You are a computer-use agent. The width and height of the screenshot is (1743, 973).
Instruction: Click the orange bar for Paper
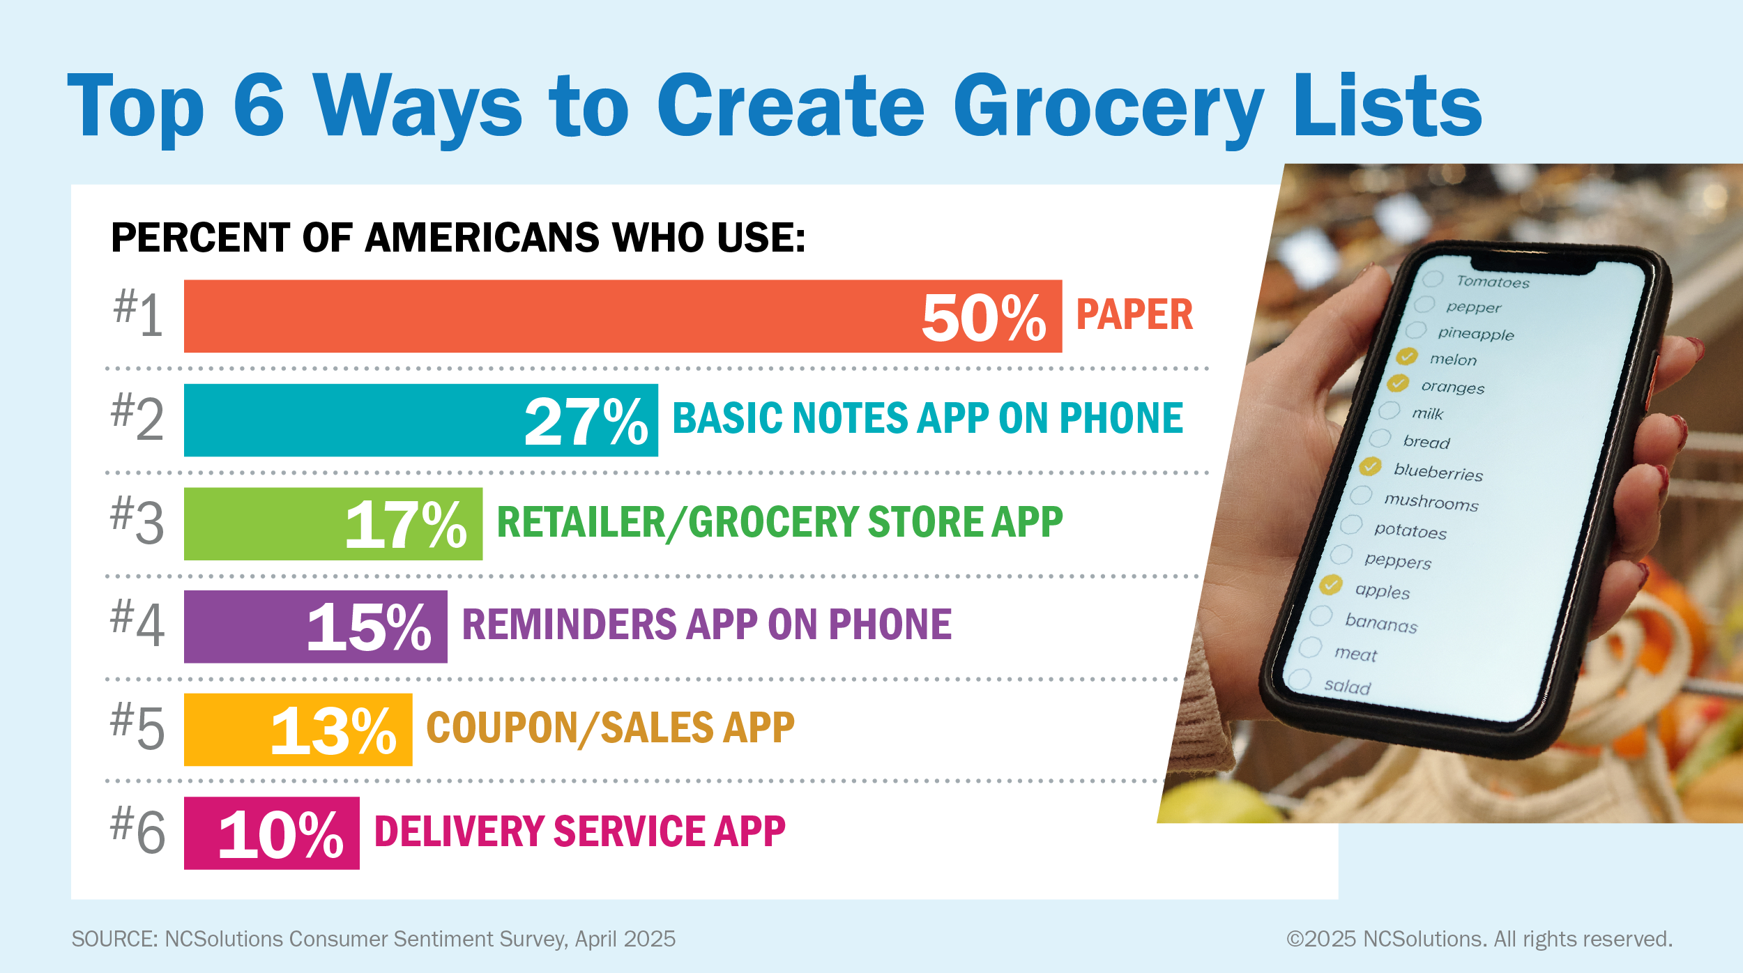tap(623, 316)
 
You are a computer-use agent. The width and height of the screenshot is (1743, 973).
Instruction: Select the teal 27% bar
tap(421, 420)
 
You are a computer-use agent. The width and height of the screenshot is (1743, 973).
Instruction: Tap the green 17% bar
tap(333, 523)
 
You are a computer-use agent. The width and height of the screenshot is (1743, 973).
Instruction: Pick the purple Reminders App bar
tap(316, 627)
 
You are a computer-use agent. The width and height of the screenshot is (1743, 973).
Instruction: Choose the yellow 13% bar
tap(298, 730)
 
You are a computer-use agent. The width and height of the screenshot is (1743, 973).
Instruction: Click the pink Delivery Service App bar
tap(272, 833)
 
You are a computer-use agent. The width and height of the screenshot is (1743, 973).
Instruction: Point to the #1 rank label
tap(139, 314)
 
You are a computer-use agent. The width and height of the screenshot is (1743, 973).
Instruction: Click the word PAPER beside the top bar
tap(1135, 314)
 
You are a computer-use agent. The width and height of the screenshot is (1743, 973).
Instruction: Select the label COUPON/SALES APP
tap(611, 728)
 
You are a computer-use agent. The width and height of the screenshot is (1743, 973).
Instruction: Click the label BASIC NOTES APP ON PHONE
tap(928, 418)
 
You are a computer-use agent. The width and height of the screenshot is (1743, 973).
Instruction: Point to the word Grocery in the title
tap(1109, 109)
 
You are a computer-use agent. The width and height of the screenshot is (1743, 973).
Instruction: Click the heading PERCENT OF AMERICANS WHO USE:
tap(459, 238)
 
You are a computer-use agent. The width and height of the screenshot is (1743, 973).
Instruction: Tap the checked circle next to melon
tap(1407, 356)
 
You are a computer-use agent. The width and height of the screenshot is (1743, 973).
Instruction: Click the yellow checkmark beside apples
tap(1331, 585)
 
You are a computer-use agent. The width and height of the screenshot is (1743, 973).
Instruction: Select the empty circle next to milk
tap(1390, 410)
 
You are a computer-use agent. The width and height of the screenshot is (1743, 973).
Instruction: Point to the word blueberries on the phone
tap(1438, 472)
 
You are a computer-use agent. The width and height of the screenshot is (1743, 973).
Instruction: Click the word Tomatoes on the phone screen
tap(1493, 282)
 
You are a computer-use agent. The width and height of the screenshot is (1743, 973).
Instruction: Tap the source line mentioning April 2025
tap(374, 940)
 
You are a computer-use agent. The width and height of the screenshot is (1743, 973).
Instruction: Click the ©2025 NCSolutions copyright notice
tap(1479, 940)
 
